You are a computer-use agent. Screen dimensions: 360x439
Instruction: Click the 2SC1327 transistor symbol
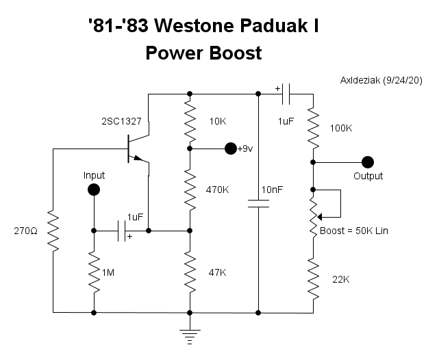[x=137, y=149]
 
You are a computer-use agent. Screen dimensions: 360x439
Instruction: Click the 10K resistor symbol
[x=190, y=121]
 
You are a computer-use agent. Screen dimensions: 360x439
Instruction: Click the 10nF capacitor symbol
[x=258, y=203]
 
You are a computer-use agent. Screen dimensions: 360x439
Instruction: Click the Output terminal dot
[x=368, y=162]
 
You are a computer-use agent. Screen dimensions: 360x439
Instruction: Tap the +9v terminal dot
[x=230, y=148]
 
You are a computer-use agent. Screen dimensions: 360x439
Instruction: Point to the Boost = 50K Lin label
[x=354, y=231]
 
